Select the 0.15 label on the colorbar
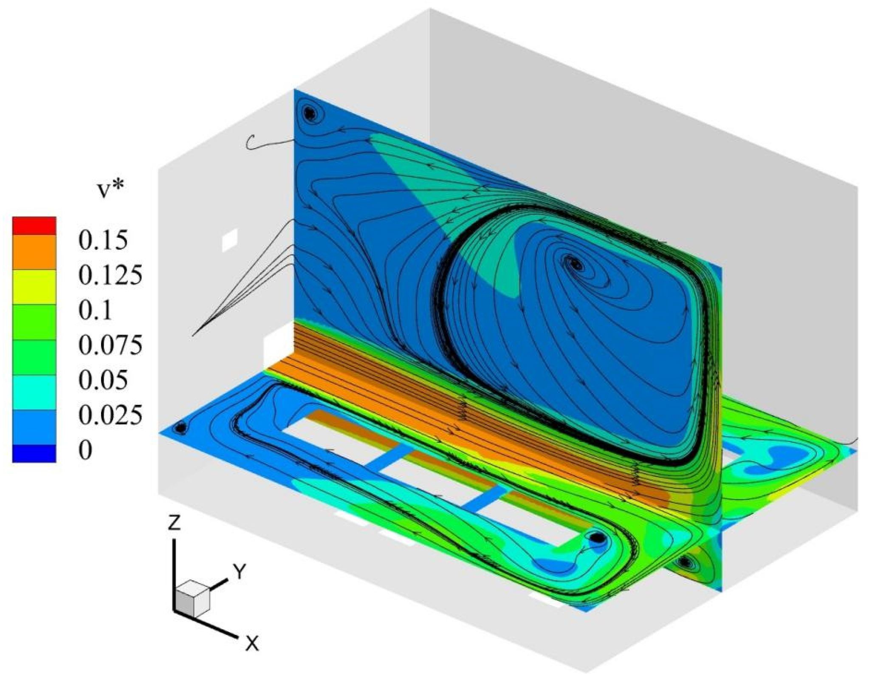tap(103, 240)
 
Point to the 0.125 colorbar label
tap(110, 275)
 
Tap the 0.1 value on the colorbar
tap(96, 310)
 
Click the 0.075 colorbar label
tap(110, 345)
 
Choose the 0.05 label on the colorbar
tap(103, 379)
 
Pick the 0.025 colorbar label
tap(110, 414)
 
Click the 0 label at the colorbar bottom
tap(85, 449)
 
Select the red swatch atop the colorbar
tap(34, 226)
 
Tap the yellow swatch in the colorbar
tap(34, 287)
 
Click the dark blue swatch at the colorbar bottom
tap(34, 453)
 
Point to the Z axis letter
tap(174, 523)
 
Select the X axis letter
tap(251, 643)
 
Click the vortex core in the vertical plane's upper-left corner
tap(310, 113)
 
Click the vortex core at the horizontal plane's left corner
tap(181, 427)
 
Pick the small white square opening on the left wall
tap(230, 240)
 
